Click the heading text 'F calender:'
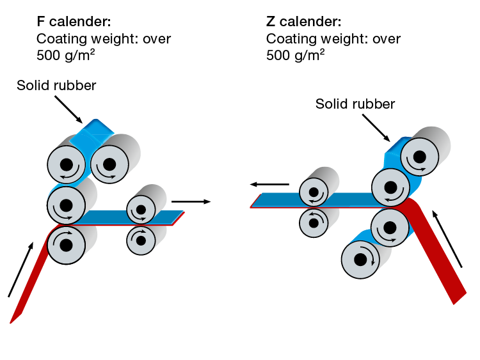coord(74,23)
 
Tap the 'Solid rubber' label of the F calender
coord(56,86)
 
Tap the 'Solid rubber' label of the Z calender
coord(355,104)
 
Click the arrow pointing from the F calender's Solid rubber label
coord(68,109)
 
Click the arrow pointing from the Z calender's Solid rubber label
coord(377,127)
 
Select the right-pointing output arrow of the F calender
coord(191,201)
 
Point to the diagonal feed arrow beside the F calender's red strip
coord(19,269)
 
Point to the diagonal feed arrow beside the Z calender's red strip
coord(449,240)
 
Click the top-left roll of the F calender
coord(67,165)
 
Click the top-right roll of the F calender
coord(109,165)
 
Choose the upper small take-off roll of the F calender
coord(141,208)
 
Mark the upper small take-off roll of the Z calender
coord(314,192)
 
